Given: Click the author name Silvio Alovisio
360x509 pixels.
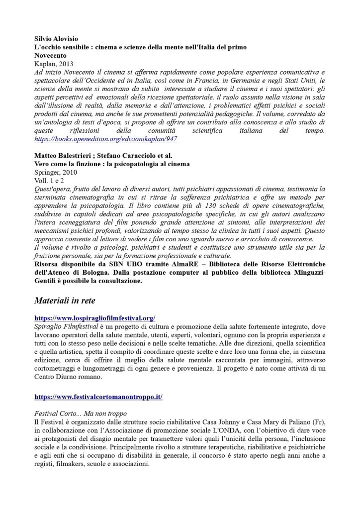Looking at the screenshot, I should pos(56,39).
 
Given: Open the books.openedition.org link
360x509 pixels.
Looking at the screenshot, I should pos(105,140).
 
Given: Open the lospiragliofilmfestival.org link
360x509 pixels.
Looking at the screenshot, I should pos(95,317).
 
